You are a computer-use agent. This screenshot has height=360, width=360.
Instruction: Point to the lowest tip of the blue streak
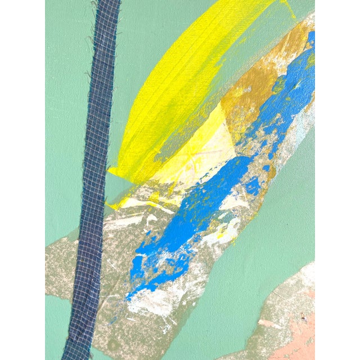click(x=128, y=297)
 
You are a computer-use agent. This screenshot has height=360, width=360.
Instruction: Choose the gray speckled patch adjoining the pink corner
click(x=281, y=298)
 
